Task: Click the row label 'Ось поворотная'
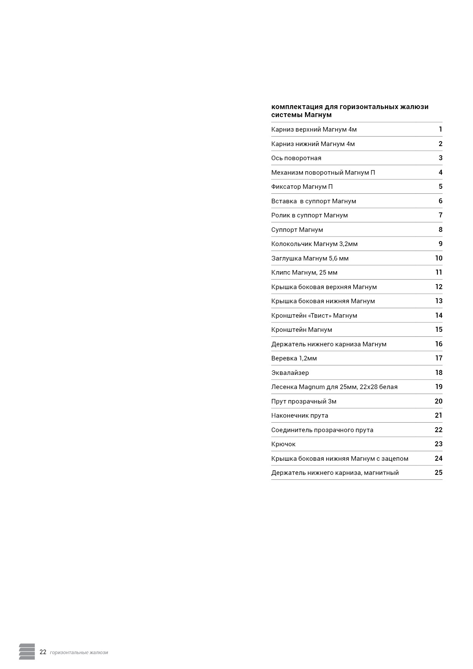296,158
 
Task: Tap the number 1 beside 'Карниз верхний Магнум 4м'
440,129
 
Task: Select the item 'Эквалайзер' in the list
290,373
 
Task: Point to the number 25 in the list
438,473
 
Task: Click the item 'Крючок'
283,444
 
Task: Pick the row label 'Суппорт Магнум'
297,230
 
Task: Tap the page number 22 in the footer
43,652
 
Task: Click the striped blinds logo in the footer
27,651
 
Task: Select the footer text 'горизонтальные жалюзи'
79,653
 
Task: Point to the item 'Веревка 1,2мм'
294,358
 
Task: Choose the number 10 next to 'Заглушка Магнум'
438,258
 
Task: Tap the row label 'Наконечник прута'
299,415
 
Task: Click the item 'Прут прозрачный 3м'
304,401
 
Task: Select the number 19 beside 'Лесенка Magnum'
438,387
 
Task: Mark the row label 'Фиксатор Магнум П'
302,187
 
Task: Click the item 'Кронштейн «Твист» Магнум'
314,315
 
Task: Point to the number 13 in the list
438,301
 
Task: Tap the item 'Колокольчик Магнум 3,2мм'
314,244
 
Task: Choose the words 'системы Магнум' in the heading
301,115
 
